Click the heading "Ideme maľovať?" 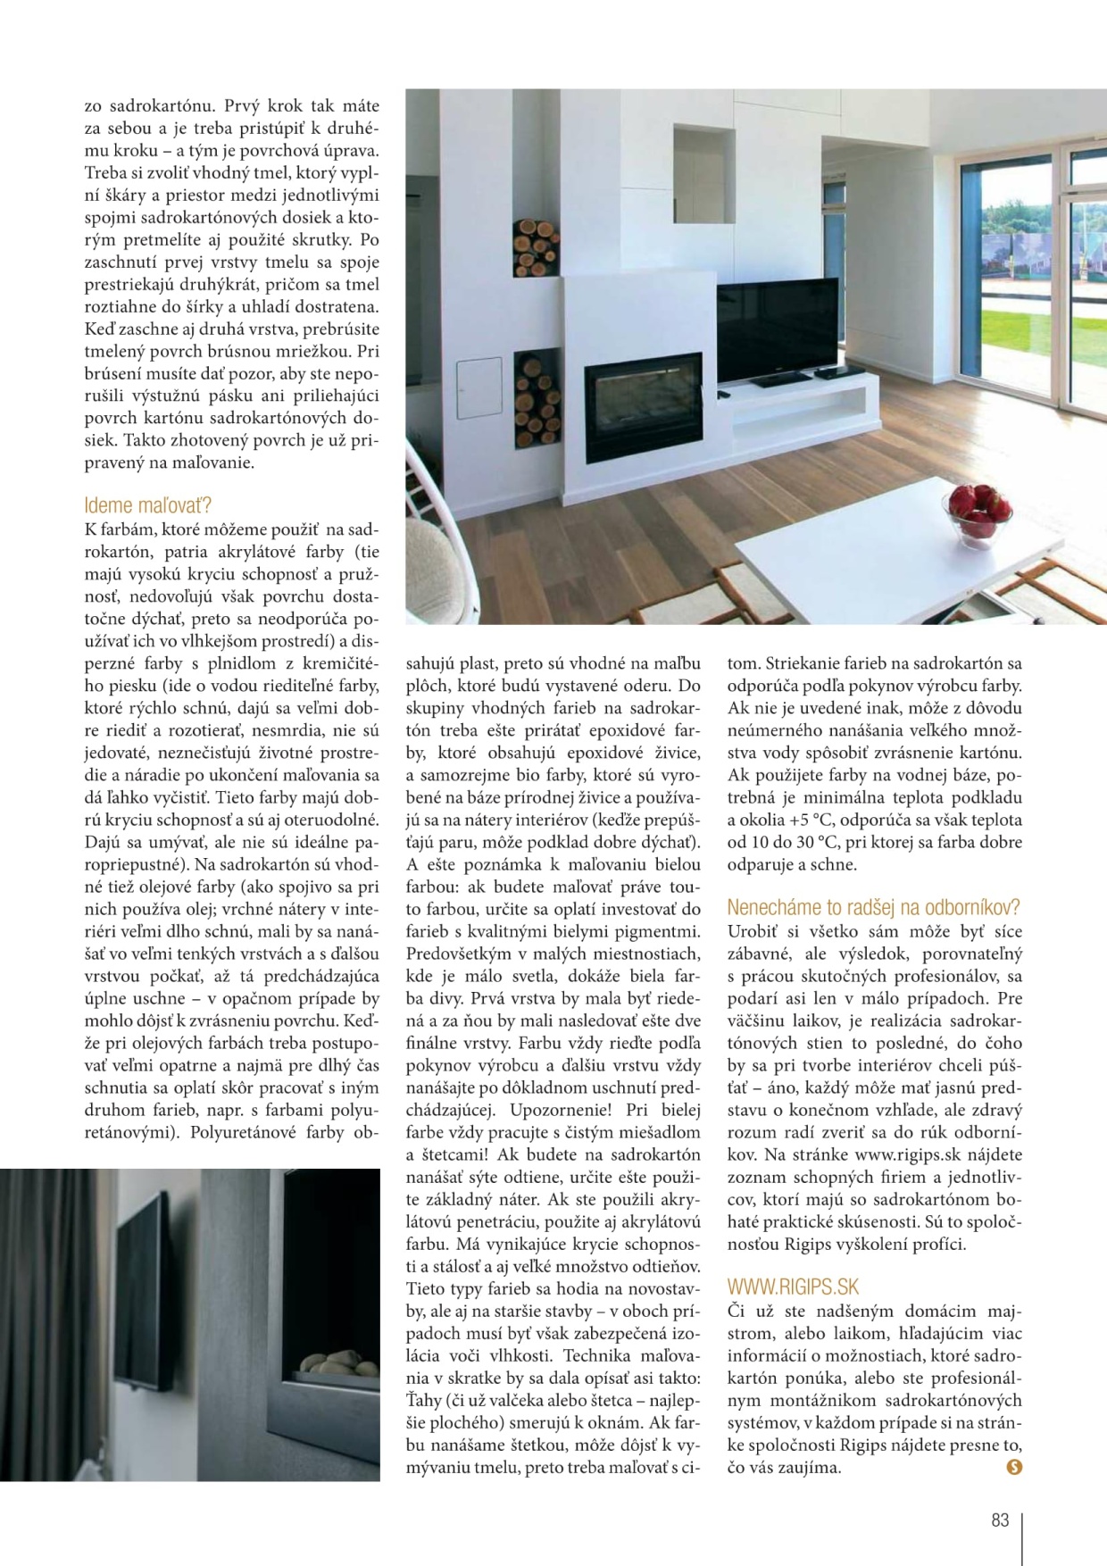coord(148,505)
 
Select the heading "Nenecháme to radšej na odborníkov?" coord(873,907)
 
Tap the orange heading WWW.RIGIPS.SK coord(793,1287)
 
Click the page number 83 coord(1000,1520)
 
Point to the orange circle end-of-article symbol coord(1013,1466)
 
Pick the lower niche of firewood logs coord(537,399)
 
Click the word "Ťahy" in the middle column coord(424,1400)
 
